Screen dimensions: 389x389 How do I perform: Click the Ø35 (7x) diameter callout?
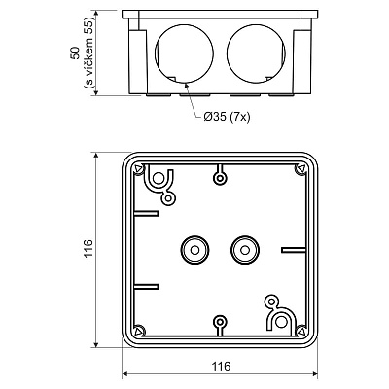coord(228,117)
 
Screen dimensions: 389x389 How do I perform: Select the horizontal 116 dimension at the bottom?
coord(221,366)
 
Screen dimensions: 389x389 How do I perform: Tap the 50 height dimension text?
coord(75,53)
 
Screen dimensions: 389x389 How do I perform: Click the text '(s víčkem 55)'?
coord(88,53)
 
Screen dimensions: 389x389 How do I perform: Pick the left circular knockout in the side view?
coord(184,53)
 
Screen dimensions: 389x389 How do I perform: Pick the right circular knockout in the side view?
coord(257,53)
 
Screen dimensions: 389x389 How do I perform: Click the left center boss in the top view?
coord(194,250)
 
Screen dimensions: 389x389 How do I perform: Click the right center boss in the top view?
coord(245,250)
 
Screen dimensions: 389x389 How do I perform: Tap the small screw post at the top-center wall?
coord(220,177)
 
